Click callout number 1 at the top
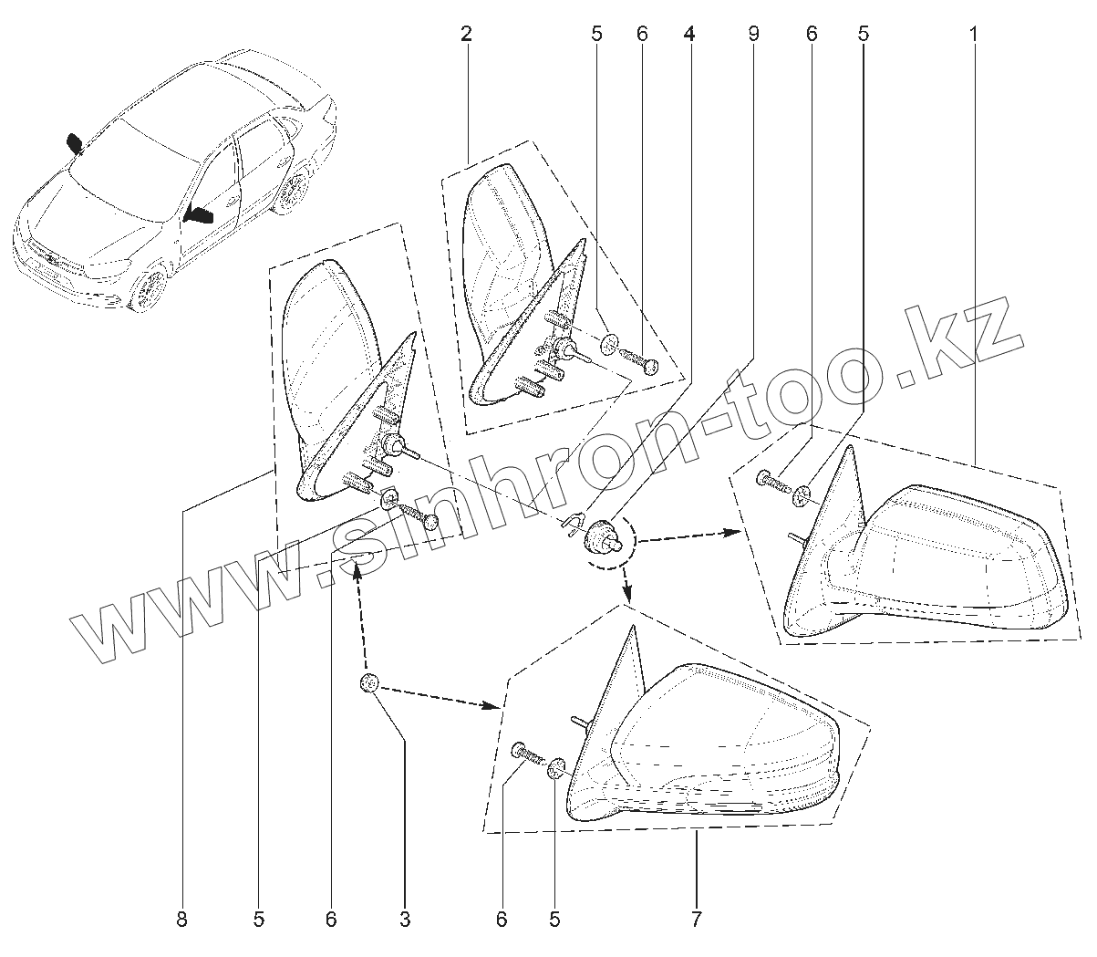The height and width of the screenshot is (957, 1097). click(x=973, y=35)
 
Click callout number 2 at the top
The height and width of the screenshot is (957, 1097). click(x=466, y=35)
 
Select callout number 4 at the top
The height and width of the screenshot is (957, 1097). click(x=688, y=35)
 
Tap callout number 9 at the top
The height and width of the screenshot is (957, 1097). click(x=753, y=35)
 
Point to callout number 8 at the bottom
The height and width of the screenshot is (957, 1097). click(x=181, y=920)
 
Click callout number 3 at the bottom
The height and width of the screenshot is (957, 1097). click(x=404, y=920)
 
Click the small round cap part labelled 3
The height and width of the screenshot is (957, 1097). click(x=369, y=683)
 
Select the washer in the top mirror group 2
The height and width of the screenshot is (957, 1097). click(x=607, y=345)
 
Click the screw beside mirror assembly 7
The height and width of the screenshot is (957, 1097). click(x=527, y=754)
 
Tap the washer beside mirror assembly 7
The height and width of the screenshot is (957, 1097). click(x=556, y=771)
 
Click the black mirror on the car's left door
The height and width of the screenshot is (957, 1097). click(x=199, y=216)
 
